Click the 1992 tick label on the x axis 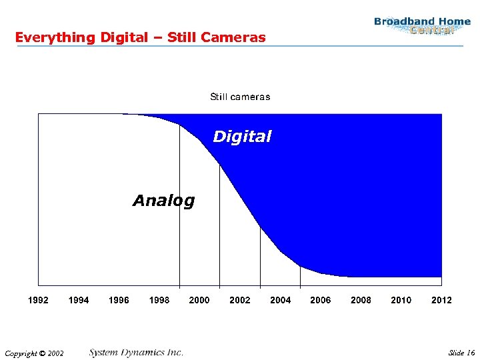click(38, 300)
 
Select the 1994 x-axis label click(79, 300)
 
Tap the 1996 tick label click(119, 300)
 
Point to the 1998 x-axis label click(159, 300)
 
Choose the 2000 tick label click(199, 300)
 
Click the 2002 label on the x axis click(240, 300)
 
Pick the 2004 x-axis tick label click(281, 300)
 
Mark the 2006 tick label click(321, 300)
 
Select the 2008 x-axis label click(361, 300)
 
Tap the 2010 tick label click(401, 300)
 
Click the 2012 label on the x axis click(441, 300)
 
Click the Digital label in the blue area click(242, 137)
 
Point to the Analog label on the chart click(163, 201)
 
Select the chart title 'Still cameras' click(240, 97)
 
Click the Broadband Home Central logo click(422, 26)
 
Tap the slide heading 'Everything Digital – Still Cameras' click(140, 37)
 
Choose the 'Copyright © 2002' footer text click(33, 353)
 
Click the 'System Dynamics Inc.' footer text click(136, 352)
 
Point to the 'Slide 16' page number click(461, 353)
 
